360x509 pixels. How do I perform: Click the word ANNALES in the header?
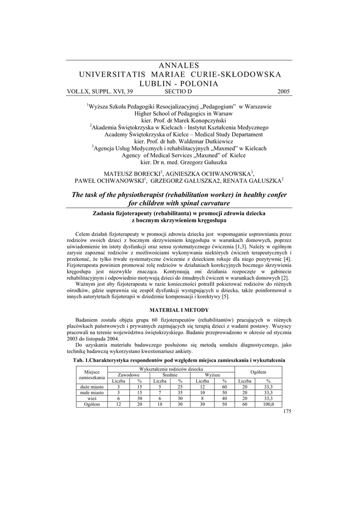coord(180,65)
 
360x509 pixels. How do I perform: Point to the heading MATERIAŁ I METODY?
coord(180,310)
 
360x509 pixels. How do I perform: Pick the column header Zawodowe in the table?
coord(128,375)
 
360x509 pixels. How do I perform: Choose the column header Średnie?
coord(170,375)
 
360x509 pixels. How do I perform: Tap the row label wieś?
coord(92,398)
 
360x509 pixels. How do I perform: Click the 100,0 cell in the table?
coord(269,404)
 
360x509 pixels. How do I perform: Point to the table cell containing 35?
coord(180,393)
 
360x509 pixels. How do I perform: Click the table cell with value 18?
coord(160,404)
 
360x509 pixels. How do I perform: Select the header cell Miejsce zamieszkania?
coord(92,375)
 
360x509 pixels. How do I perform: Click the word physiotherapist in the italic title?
coord(140,194)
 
